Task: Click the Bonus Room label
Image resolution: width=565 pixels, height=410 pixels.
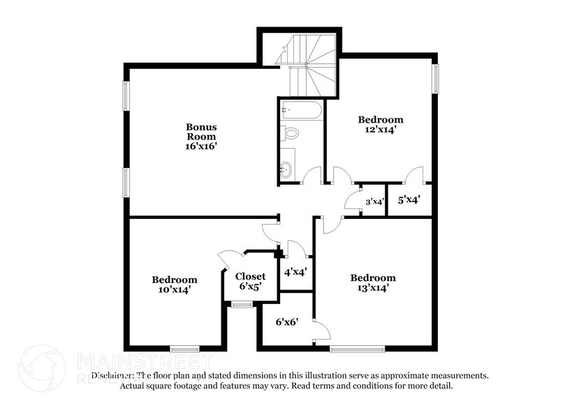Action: point(201,132)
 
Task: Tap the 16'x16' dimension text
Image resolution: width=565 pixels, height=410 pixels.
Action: point(201,148)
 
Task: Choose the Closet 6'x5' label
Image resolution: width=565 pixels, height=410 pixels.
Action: point(249,281)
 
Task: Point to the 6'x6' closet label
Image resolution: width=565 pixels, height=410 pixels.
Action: point(286,323)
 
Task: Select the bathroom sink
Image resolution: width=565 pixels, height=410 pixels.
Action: point(286,168)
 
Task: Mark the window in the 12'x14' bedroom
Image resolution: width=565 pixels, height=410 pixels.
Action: point(436,77)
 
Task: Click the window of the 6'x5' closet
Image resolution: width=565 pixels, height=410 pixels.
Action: point(242,303)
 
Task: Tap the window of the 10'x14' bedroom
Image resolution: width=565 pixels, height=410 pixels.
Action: point(185,347)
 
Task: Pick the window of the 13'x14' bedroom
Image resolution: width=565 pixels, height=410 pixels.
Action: point(357,347)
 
